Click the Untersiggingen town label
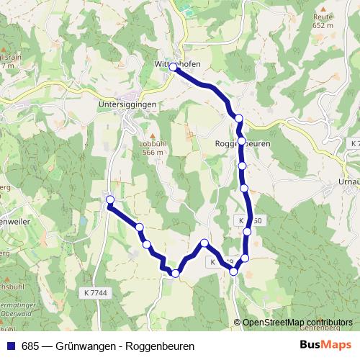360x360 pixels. pyautogui.click(x=126, y=104)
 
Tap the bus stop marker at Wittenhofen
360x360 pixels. pyautogui.click(x=173, y=66)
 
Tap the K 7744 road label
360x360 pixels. pyautogui.click(x=95, y=292)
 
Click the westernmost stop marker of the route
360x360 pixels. pyautogui.click(x=110, y=199)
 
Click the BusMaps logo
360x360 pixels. pyautogui.click(x=325, y=346)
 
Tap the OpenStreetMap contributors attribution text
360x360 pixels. pyautogui.click(x=297, y=323)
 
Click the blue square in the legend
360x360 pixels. pyautogui.click(x=11, y=346)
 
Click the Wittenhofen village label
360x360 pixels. pyautogui.click(x=177, y=63)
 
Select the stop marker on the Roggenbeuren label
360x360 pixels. pyautogui.click(x=241, y=141)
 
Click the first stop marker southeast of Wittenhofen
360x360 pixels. pyautogui.click(x=238, y=118)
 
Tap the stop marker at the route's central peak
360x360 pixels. pyautogui.click(x=205, y=243)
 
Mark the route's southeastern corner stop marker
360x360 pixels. pyautogui.click(x=245, y=258)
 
